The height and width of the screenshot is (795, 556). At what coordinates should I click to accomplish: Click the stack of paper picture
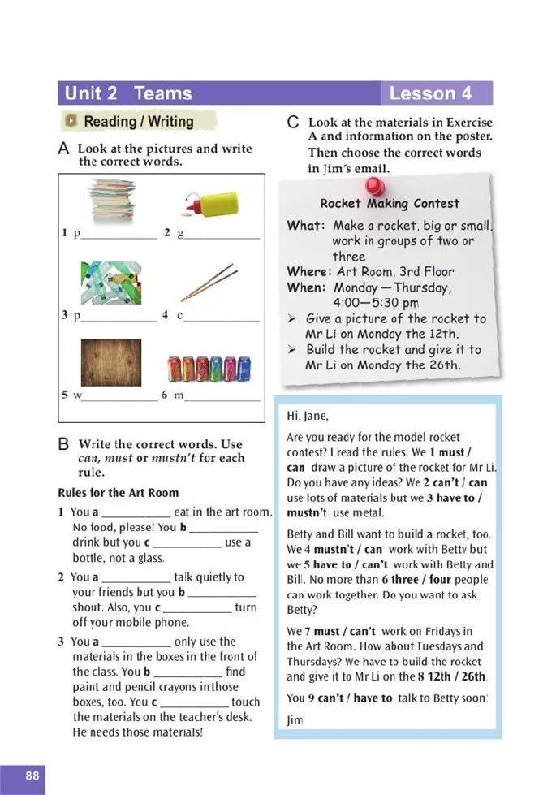point(113,201)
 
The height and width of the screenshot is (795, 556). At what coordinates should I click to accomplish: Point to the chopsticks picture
point(209,282)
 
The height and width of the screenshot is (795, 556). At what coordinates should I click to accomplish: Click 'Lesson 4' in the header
point(430,93)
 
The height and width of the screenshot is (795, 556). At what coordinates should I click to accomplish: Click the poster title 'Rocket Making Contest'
point(389,204)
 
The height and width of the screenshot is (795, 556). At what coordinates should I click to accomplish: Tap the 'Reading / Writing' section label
point(138,122)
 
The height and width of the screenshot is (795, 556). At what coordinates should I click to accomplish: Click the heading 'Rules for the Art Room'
point(119,493)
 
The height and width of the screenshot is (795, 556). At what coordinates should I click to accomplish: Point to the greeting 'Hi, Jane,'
point(308,417)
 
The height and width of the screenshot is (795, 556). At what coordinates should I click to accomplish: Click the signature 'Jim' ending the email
point(295,719)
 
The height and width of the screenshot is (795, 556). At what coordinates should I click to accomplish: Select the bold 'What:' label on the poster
point(306,226)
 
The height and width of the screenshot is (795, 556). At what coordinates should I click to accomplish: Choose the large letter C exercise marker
point(294,123)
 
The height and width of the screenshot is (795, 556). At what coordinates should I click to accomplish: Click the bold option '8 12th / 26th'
point(458,676)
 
